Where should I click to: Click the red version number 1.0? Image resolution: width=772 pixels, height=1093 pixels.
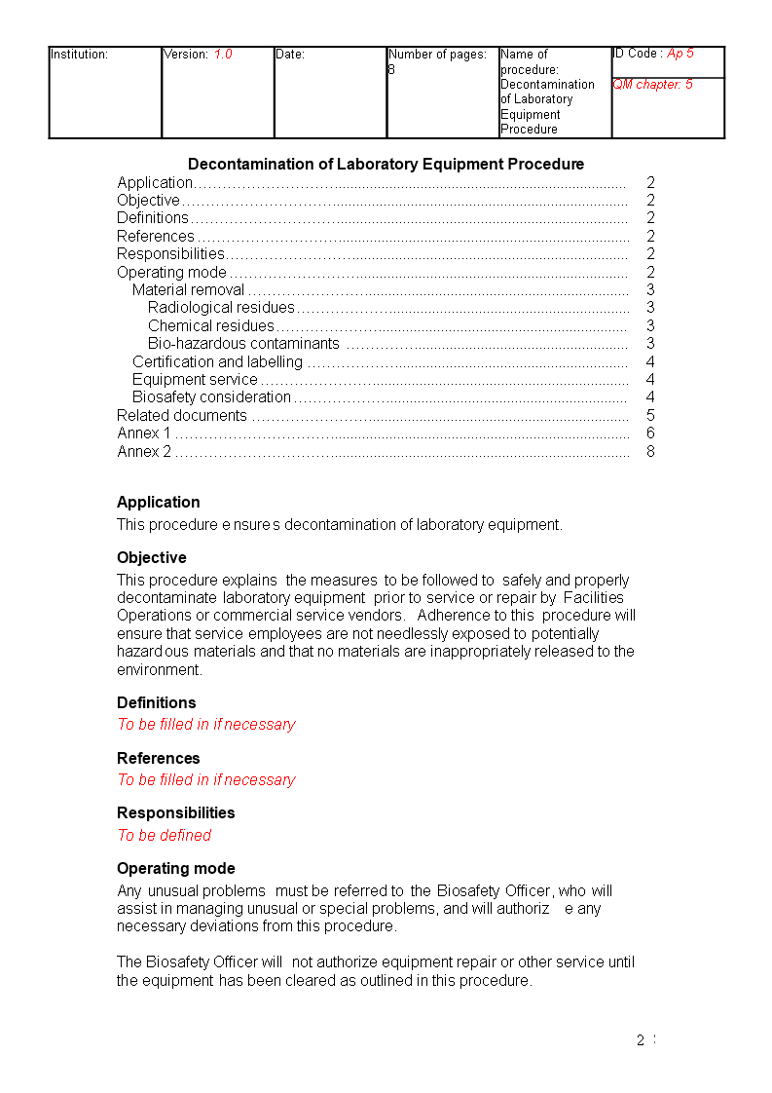click(223, 55)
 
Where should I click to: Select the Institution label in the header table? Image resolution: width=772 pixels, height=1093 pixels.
click(79, 55)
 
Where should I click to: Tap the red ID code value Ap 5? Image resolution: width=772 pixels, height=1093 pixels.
click(680, 54)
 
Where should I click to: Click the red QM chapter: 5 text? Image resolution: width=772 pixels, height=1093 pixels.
click(652, 85)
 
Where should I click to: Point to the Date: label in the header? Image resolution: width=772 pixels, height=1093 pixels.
click(290, 55)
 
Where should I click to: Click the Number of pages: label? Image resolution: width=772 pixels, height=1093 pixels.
click(437, 55)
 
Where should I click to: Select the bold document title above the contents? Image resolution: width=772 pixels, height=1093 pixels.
click(386, 164)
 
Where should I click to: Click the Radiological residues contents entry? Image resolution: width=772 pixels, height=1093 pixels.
click(221, 308)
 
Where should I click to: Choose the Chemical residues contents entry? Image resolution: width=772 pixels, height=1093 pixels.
click(211, 326)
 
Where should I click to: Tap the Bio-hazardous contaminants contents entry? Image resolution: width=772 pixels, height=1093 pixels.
click(243, 344)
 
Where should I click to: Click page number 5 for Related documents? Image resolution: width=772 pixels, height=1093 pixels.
click(650, 416)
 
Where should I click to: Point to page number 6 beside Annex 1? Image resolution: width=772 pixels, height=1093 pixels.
click(650, 433)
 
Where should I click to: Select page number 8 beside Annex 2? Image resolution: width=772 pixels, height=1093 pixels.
click(650, 452)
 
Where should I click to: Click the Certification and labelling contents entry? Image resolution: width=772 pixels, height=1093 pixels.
click(217, 362)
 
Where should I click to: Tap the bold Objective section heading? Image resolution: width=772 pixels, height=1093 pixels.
click(151, 558)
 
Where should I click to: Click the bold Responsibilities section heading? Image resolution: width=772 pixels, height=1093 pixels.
click(175, 812)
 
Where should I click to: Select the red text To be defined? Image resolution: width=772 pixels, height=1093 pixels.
click(164, 835)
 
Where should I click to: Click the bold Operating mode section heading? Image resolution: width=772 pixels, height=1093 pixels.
click(175, 868)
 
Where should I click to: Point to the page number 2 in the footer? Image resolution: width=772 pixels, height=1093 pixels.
click(641, 1040)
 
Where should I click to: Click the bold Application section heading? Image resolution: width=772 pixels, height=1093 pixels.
click(158, 503)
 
